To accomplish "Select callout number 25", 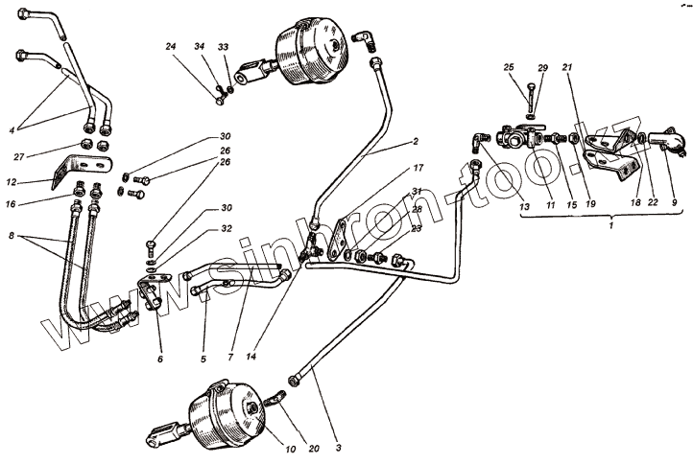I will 509,67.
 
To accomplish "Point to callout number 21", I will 567,67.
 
